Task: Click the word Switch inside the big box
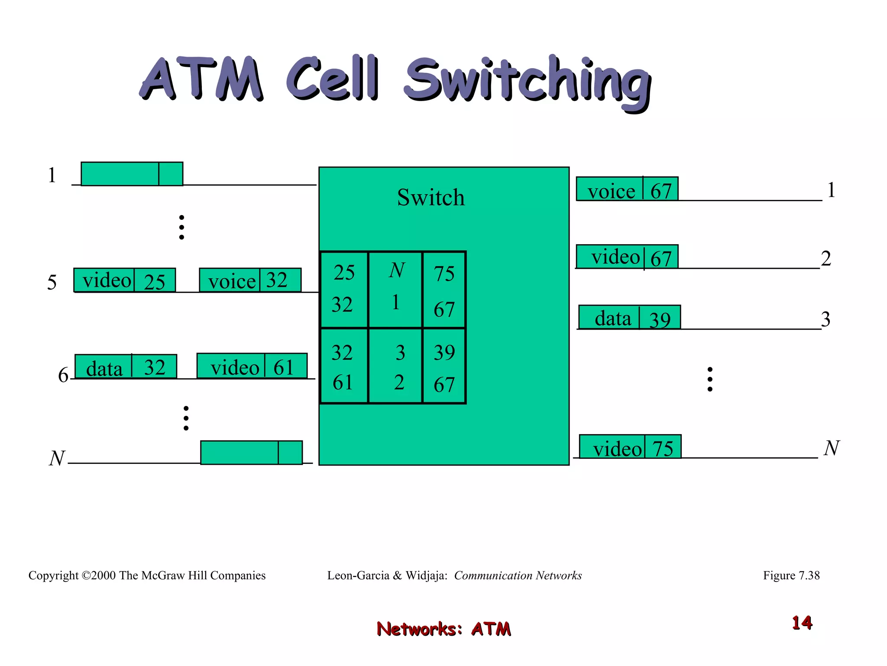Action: point(431,198)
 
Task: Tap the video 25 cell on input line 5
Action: point(124,280)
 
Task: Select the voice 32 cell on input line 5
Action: point(250,280)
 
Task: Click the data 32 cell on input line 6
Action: point(126,367)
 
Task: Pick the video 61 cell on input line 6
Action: point(252,366)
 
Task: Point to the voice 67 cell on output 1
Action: point(627,189)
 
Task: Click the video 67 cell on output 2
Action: point(627,257)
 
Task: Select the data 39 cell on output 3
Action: point(629,317)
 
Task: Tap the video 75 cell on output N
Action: point(630,447)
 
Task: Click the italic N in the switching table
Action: point(396,271)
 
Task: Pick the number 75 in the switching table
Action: point(444,274)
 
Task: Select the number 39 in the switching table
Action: point(444,353)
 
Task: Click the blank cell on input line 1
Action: point(132,174)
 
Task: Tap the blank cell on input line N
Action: point(251,453)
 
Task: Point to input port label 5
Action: point(52,283)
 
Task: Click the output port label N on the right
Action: point(831,448)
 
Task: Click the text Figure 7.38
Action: point(791,575)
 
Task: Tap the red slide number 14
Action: point(802,623)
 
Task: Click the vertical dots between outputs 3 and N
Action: point(709,379)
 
